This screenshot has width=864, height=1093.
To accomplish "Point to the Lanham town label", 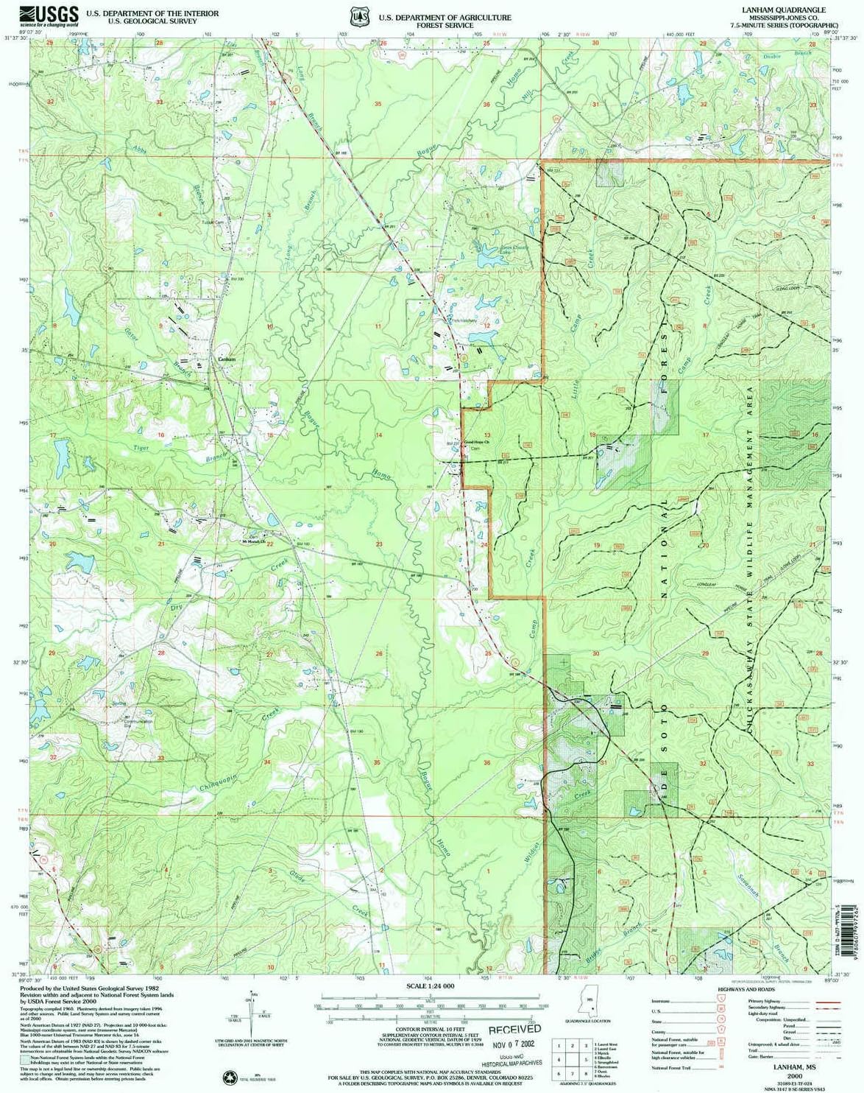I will tap(227, 359).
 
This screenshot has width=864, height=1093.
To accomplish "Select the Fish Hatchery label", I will tap(464, 321).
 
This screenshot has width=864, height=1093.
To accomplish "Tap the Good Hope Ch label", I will tap(476, 443).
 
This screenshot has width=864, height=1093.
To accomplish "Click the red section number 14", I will tap(379, 435).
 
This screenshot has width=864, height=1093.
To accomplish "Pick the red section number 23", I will tap(379, 544).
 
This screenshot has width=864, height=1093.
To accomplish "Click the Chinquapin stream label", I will tap(219, 779).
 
